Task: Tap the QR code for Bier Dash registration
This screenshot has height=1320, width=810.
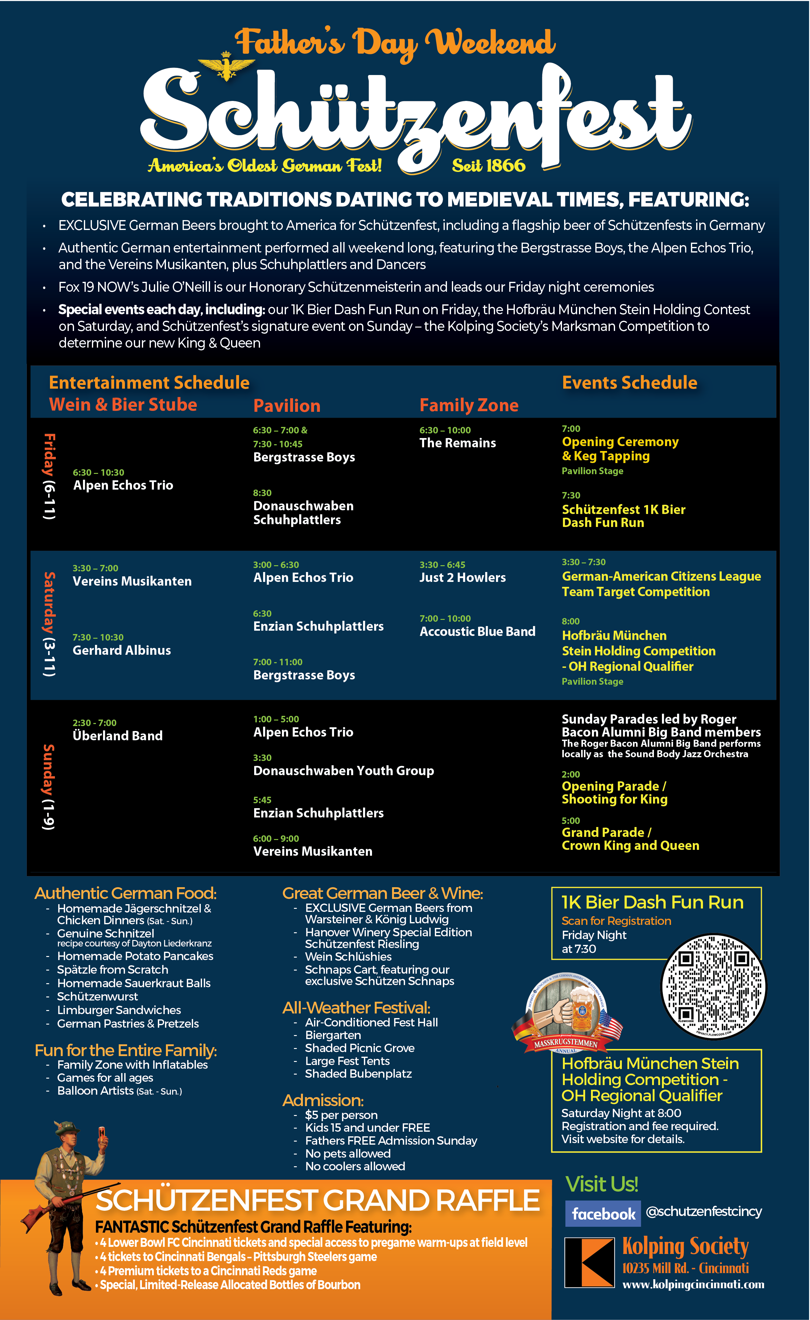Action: pos(713,987)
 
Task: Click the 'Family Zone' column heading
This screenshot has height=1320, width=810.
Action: pos(469,405)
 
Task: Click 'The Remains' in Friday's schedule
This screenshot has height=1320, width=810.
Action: pos(457,443)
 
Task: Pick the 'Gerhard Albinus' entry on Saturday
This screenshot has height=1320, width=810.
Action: pos(122,650)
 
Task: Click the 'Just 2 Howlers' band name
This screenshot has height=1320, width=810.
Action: pos(462,578)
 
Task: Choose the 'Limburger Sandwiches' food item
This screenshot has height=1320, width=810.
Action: pos(119,1010)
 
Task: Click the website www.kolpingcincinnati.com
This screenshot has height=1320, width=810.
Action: pos(693,1284)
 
